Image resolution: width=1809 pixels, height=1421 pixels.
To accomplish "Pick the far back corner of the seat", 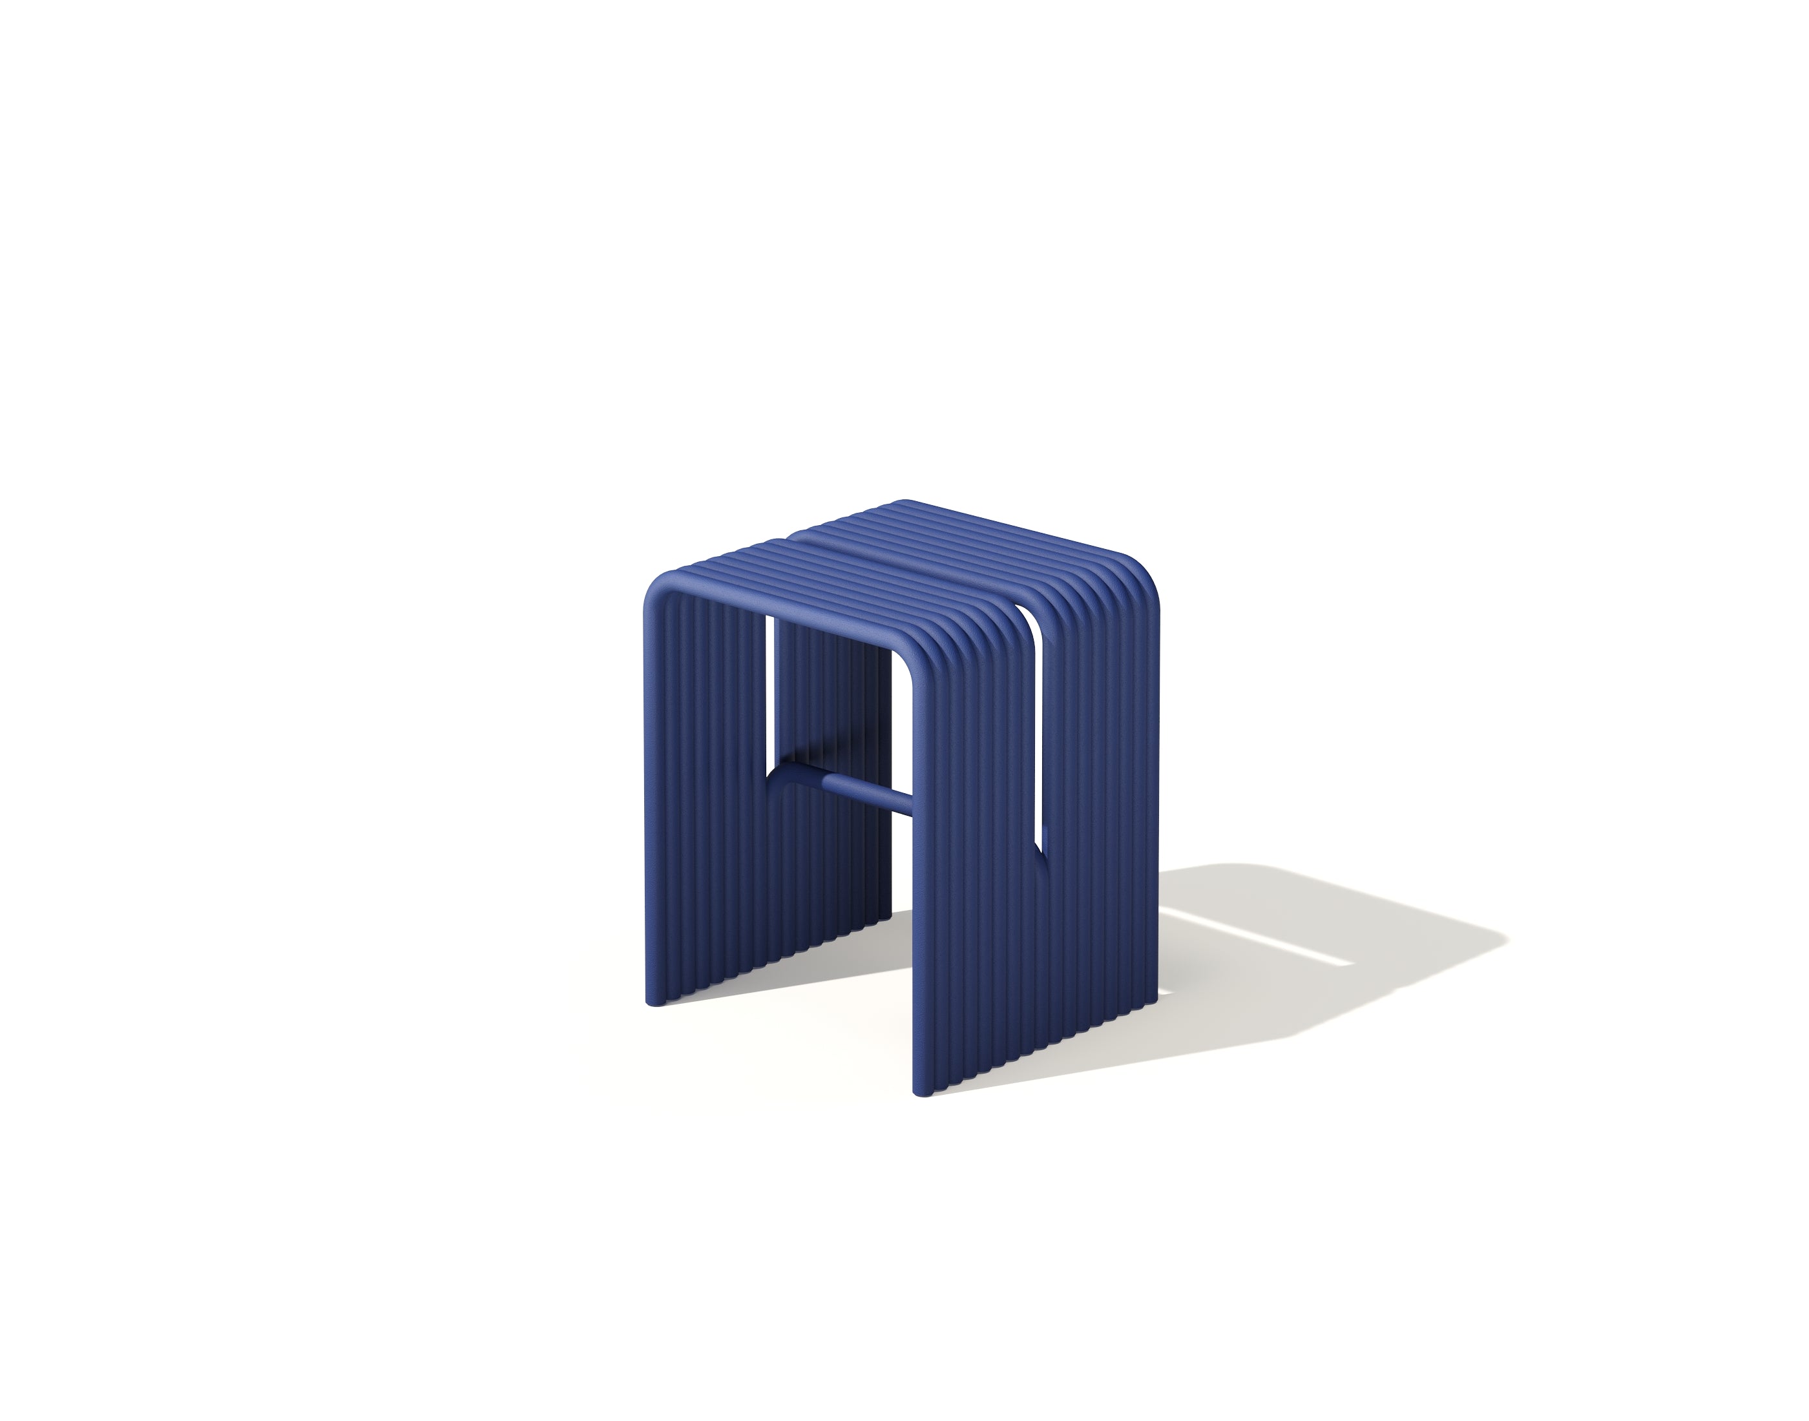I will point(907,503).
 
